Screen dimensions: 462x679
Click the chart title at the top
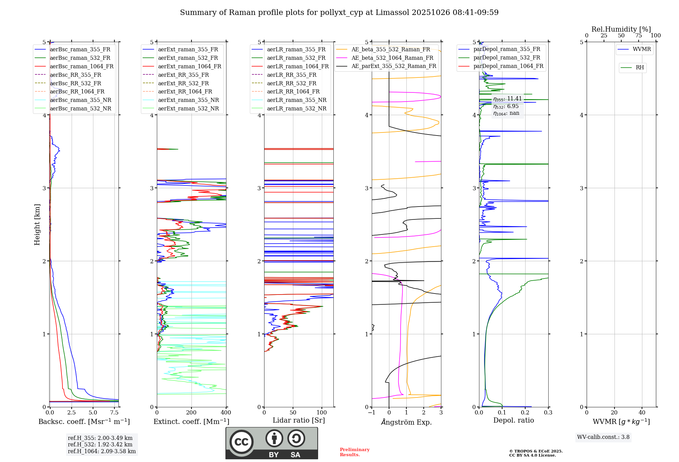click(x=339, y=13)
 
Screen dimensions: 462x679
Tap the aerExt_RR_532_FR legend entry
click(x=183, y=83)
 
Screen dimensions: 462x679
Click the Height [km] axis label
click(x=37, y=224)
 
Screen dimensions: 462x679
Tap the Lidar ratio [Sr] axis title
click(x=299, y=420)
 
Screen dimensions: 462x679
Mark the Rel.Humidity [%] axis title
click(x=621, y=29)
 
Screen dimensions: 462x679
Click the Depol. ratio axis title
click(x=513, y=420)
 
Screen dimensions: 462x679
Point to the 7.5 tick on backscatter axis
click(x=114, y=413)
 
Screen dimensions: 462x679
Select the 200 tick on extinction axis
click(x=191, y=413)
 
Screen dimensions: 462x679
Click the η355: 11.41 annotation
click(x=507, y=99)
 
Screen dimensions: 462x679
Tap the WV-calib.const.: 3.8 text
click(x=603, y=437)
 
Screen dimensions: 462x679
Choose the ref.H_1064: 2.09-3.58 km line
click(x=102, y=451)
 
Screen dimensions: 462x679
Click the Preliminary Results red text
click(x=354, y=452)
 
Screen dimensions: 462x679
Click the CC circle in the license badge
click(x=241, y=442)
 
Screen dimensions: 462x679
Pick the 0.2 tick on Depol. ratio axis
click(x=525, y=413)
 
